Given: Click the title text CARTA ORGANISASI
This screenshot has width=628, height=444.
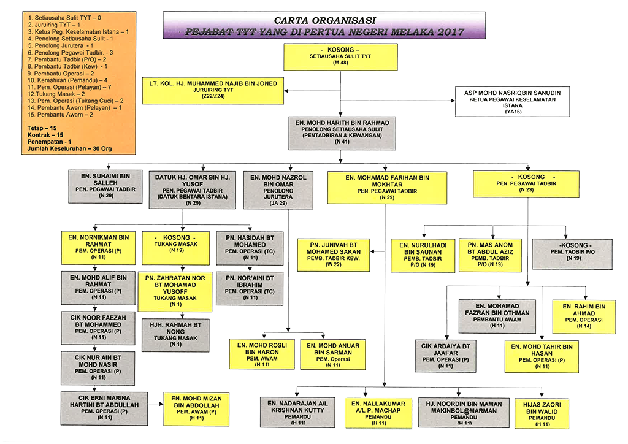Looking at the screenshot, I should (x=325, y=20).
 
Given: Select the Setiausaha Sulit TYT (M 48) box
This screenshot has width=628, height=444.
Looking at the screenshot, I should (x=340, y=56).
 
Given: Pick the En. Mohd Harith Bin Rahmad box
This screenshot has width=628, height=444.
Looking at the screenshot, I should (x=341, y=132).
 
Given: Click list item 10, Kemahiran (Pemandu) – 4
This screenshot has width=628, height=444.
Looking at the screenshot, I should (x=68, y=80).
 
